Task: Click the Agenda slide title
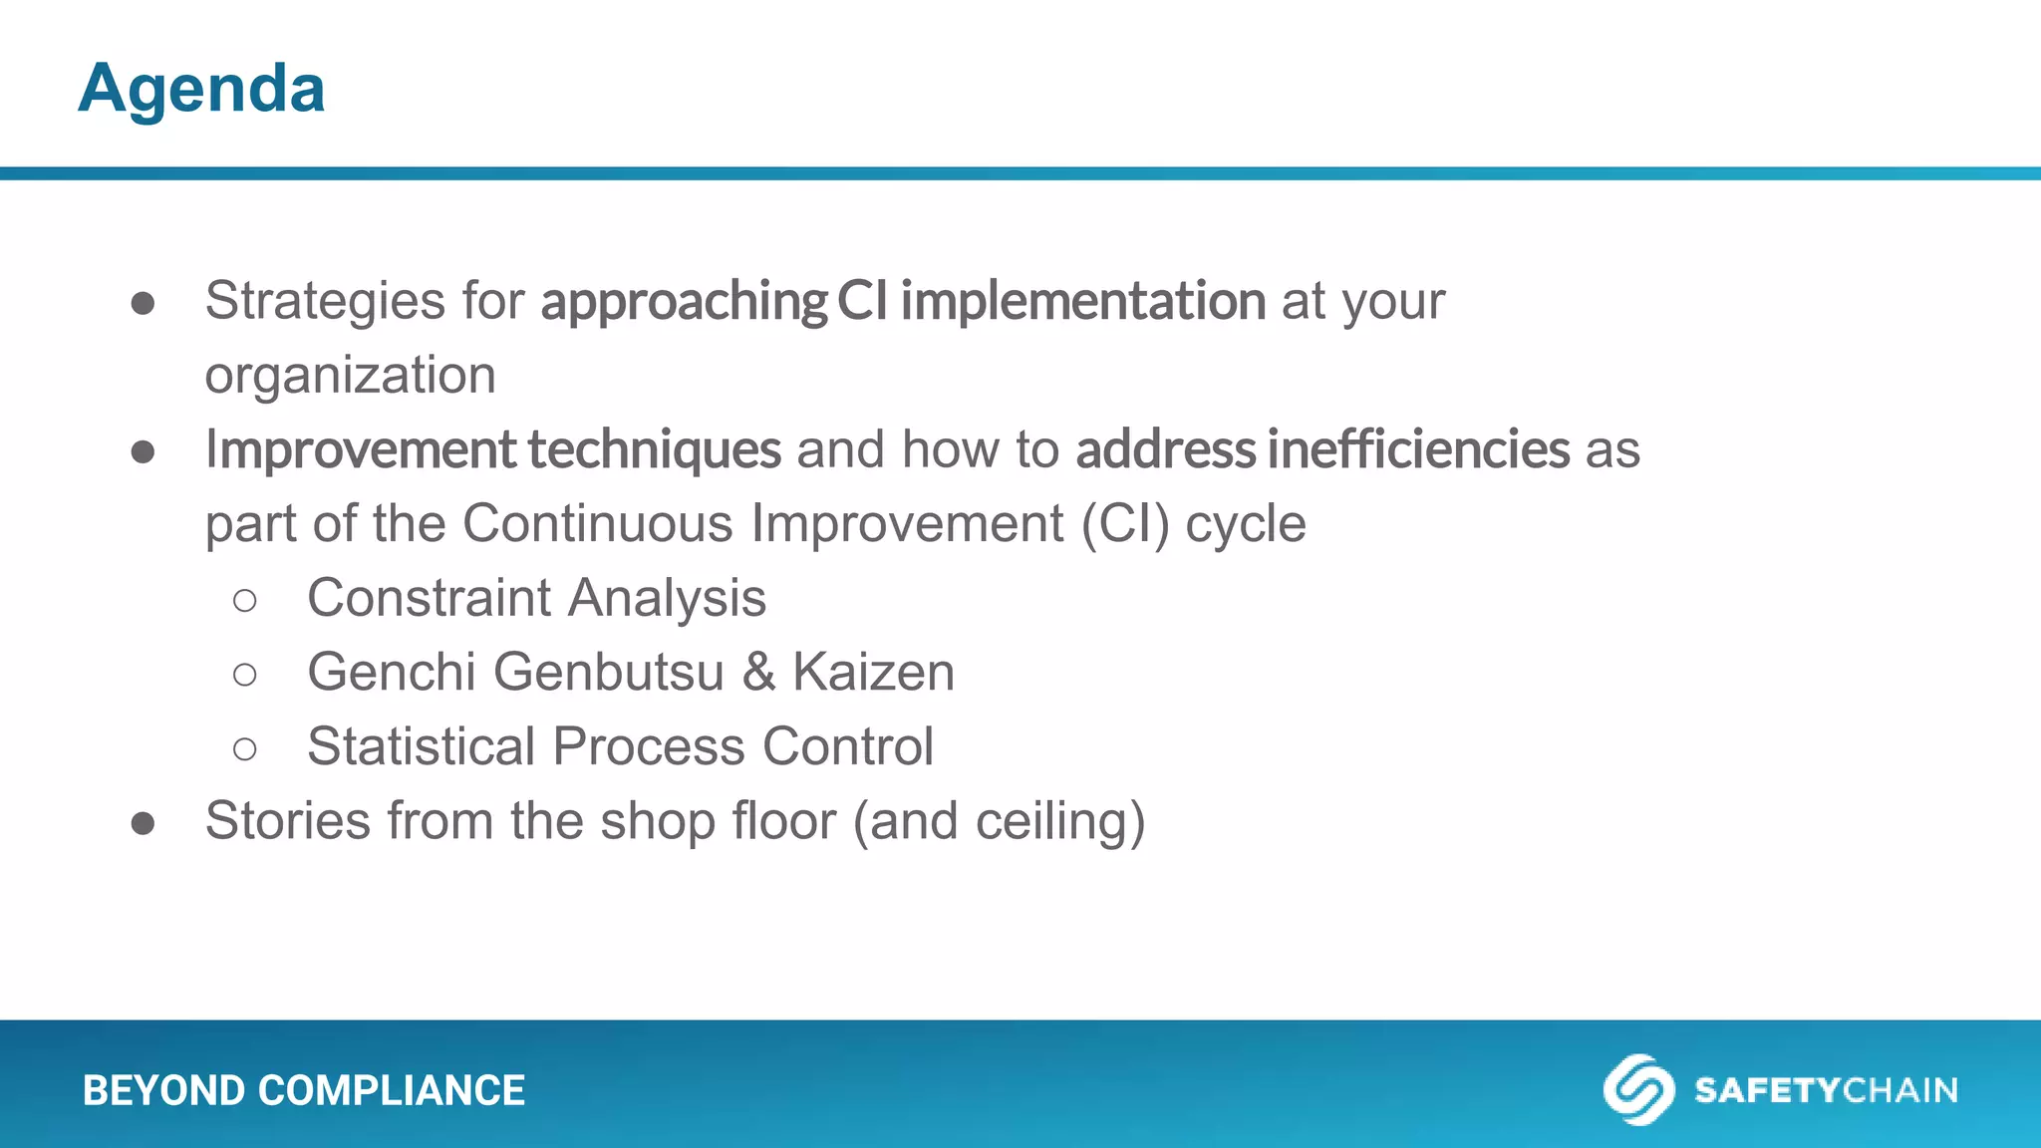coord(201,89)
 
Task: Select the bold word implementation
coord(1082,301)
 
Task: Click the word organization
coord(350,376)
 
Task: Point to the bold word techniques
coord(654,449)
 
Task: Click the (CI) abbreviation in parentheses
coord(1125,524)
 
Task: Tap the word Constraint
coord(429,598)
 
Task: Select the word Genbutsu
coord(608,673)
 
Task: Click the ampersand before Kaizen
coord(758,673)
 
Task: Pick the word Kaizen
coord(873,673)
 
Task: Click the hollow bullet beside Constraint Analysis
coord(244,600)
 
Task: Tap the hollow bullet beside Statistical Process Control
coord(244,748)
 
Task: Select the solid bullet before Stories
coord(143,823)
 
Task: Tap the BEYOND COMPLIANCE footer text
coord(303,1090)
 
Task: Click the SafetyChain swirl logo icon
coord(1637,1089)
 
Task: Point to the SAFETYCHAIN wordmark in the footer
coord(1826,1090)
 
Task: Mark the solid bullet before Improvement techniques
coord(143,451)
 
